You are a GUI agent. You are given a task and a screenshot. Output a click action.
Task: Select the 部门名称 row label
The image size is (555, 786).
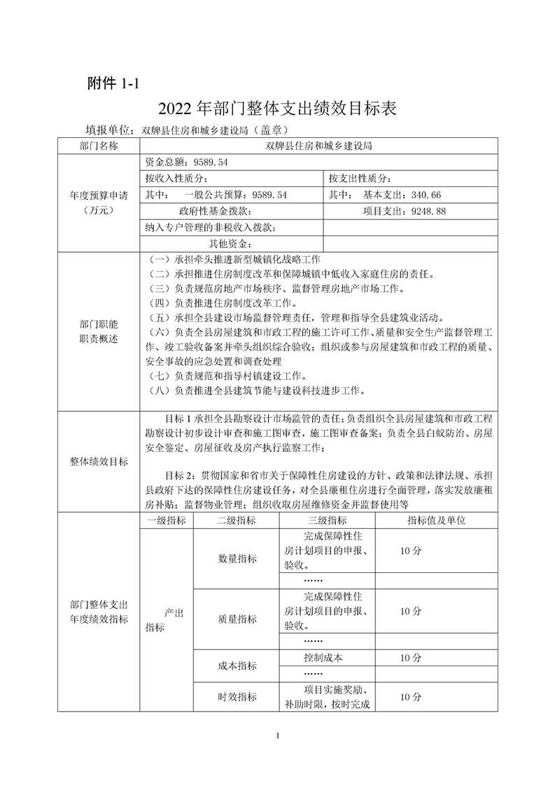[99, 146]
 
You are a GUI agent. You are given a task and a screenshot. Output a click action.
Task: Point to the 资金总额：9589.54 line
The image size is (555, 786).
[187, 162]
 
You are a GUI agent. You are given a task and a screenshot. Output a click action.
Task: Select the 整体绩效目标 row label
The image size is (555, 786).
[99, 461]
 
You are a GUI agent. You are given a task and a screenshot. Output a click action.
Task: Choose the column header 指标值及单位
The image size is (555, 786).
[437, 520]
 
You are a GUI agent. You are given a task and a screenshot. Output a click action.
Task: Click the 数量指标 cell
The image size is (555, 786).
[237, 558]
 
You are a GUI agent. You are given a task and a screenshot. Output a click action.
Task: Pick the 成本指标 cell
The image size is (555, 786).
[237, 666]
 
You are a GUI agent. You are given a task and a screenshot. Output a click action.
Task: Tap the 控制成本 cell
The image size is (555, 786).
[323, 658]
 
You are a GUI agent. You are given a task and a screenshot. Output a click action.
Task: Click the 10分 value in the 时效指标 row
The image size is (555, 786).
[411, 697]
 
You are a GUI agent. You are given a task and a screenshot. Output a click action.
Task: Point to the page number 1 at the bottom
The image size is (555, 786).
[278, 735]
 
